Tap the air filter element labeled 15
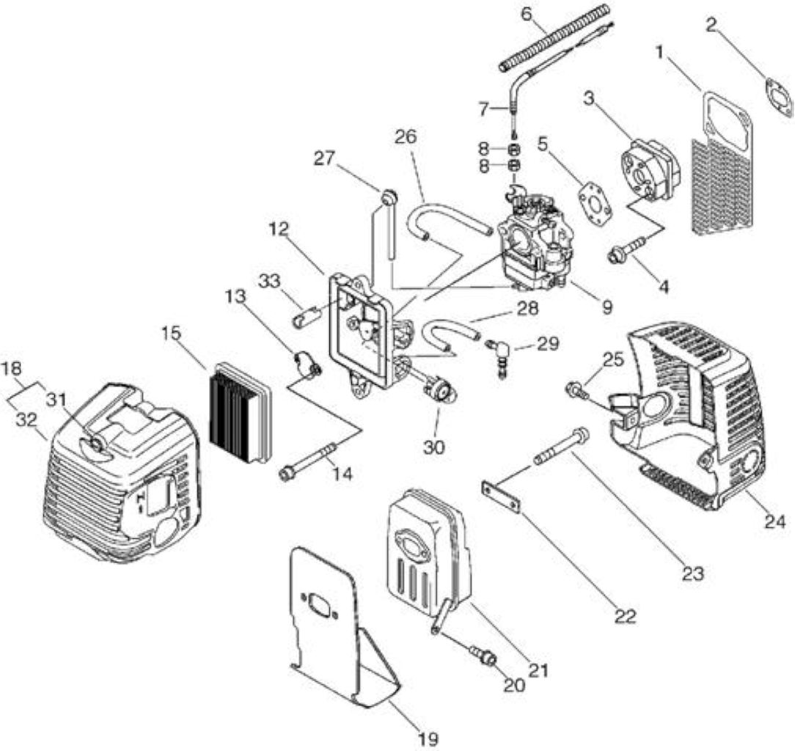(241, 413)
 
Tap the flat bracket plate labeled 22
(501, 498)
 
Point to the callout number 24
(774, 521)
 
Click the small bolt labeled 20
(483, 653)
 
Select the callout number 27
(324, 158)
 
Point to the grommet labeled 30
(439, 391)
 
